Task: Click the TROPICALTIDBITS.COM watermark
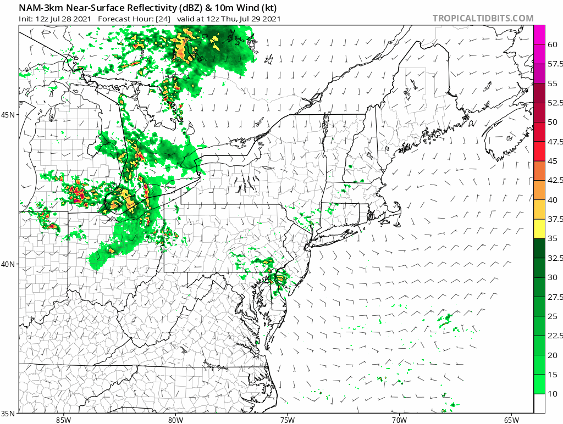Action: tap(483, 18)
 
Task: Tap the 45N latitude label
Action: tap(9, 115)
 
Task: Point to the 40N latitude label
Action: tap(9, 264)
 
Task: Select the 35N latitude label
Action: tap(9, 413)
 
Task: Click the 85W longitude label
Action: tap(63, 420)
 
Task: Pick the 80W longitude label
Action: tap(175, 420)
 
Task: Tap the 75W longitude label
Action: tap(287, 420)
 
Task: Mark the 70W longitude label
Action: tap(399, 420)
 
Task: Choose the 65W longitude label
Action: tap(511, 420)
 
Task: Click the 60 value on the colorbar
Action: tap(553, 46)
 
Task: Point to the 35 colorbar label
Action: tap(553, 239)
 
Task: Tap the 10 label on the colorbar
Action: tap(553, 394)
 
